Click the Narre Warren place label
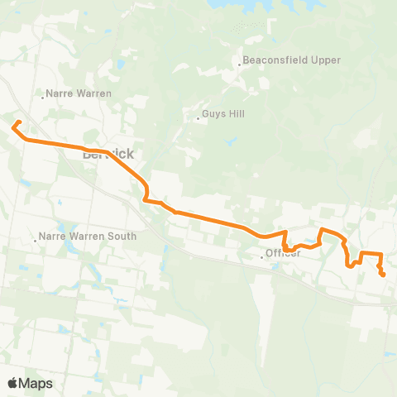point(79,93)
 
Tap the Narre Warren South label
point(88,237)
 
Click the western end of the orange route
point(13,127)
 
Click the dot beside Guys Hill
point(198,118)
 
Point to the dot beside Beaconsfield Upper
point(240,65)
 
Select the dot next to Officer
point(262,257)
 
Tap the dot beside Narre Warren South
point(35,240)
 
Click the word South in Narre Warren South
point(122,237)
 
